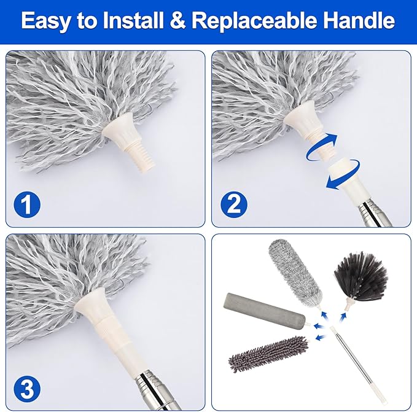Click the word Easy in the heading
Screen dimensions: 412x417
(50, 21)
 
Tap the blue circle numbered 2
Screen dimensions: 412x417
(235, 203)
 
